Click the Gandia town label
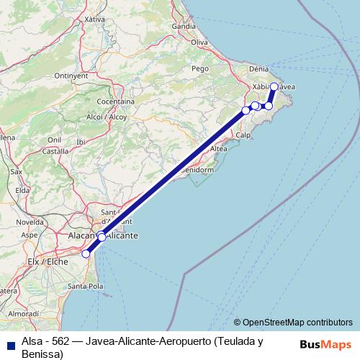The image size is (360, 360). (184, 27)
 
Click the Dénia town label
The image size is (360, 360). (258, 69)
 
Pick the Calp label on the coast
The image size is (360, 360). (243, 135)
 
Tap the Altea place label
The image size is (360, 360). (219, 148)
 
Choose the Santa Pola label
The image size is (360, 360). (86, 286)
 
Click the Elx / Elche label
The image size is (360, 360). (47, 261)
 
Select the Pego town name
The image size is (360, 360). (200, 68)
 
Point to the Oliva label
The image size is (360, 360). (199, 42)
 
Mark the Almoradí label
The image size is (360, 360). (24, 315)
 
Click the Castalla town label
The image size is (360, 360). (55, 151)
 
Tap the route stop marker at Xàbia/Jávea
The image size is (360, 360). (274, 86)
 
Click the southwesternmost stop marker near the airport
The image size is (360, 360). (86, 253)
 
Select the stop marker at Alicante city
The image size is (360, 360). (102, 237)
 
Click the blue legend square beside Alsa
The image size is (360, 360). (9, 341)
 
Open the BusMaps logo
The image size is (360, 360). (325, 343)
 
